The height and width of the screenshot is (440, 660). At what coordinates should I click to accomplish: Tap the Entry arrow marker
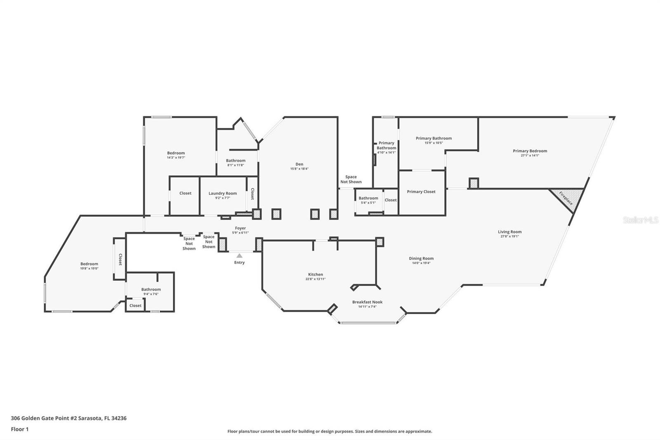click(x=239, y=256)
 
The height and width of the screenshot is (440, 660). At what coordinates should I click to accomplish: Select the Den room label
click(x=299, y=164)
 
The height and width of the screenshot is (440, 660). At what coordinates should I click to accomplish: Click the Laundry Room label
click(x=222, y=193)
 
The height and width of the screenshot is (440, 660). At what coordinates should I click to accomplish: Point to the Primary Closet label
click(x=421, y=192)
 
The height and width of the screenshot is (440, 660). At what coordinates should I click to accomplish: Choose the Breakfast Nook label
click(x=367, y=302)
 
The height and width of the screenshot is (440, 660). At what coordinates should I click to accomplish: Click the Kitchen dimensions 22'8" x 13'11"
click(x=316, y=279)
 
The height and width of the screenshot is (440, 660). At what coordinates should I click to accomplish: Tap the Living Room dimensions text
click(x=510, y=237)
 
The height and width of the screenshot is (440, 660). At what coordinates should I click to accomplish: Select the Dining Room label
click(x=421, y=258)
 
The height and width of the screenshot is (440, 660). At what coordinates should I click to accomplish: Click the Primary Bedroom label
click(x=530, y=151)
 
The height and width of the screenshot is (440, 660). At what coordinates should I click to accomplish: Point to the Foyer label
click(x=240, y=228)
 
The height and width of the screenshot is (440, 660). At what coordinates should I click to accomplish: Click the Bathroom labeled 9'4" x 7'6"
click(x=151, y=289)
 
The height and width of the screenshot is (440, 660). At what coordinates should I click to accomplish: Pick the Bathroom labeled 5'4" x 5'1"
click(x=368, y=198)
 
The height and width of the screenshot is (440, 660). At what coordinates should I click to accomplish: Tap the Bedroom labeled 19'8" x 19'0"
click(x=89, y=264)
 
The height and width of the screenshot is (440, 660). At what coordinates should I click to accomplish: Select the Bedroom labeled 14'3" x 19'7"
click(x=176, y=153)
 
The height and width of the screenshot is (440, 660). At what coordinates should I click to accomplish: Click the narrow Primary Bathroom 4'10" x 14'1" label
click(x=387, y=145)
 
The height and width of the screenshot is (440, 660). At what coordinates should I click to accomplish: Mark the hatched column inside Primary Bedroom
click(x=474, y=183)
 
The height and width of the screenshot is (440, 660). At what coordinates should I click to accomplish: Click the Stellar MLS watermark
click(x=640, y=220)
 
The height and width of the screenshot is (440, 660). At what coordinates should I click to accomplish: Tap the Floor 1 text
click(x=20, y=429)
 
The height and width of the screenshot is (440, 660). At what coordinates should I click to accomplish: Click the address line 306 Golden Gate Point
click(x=68, y=418)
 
